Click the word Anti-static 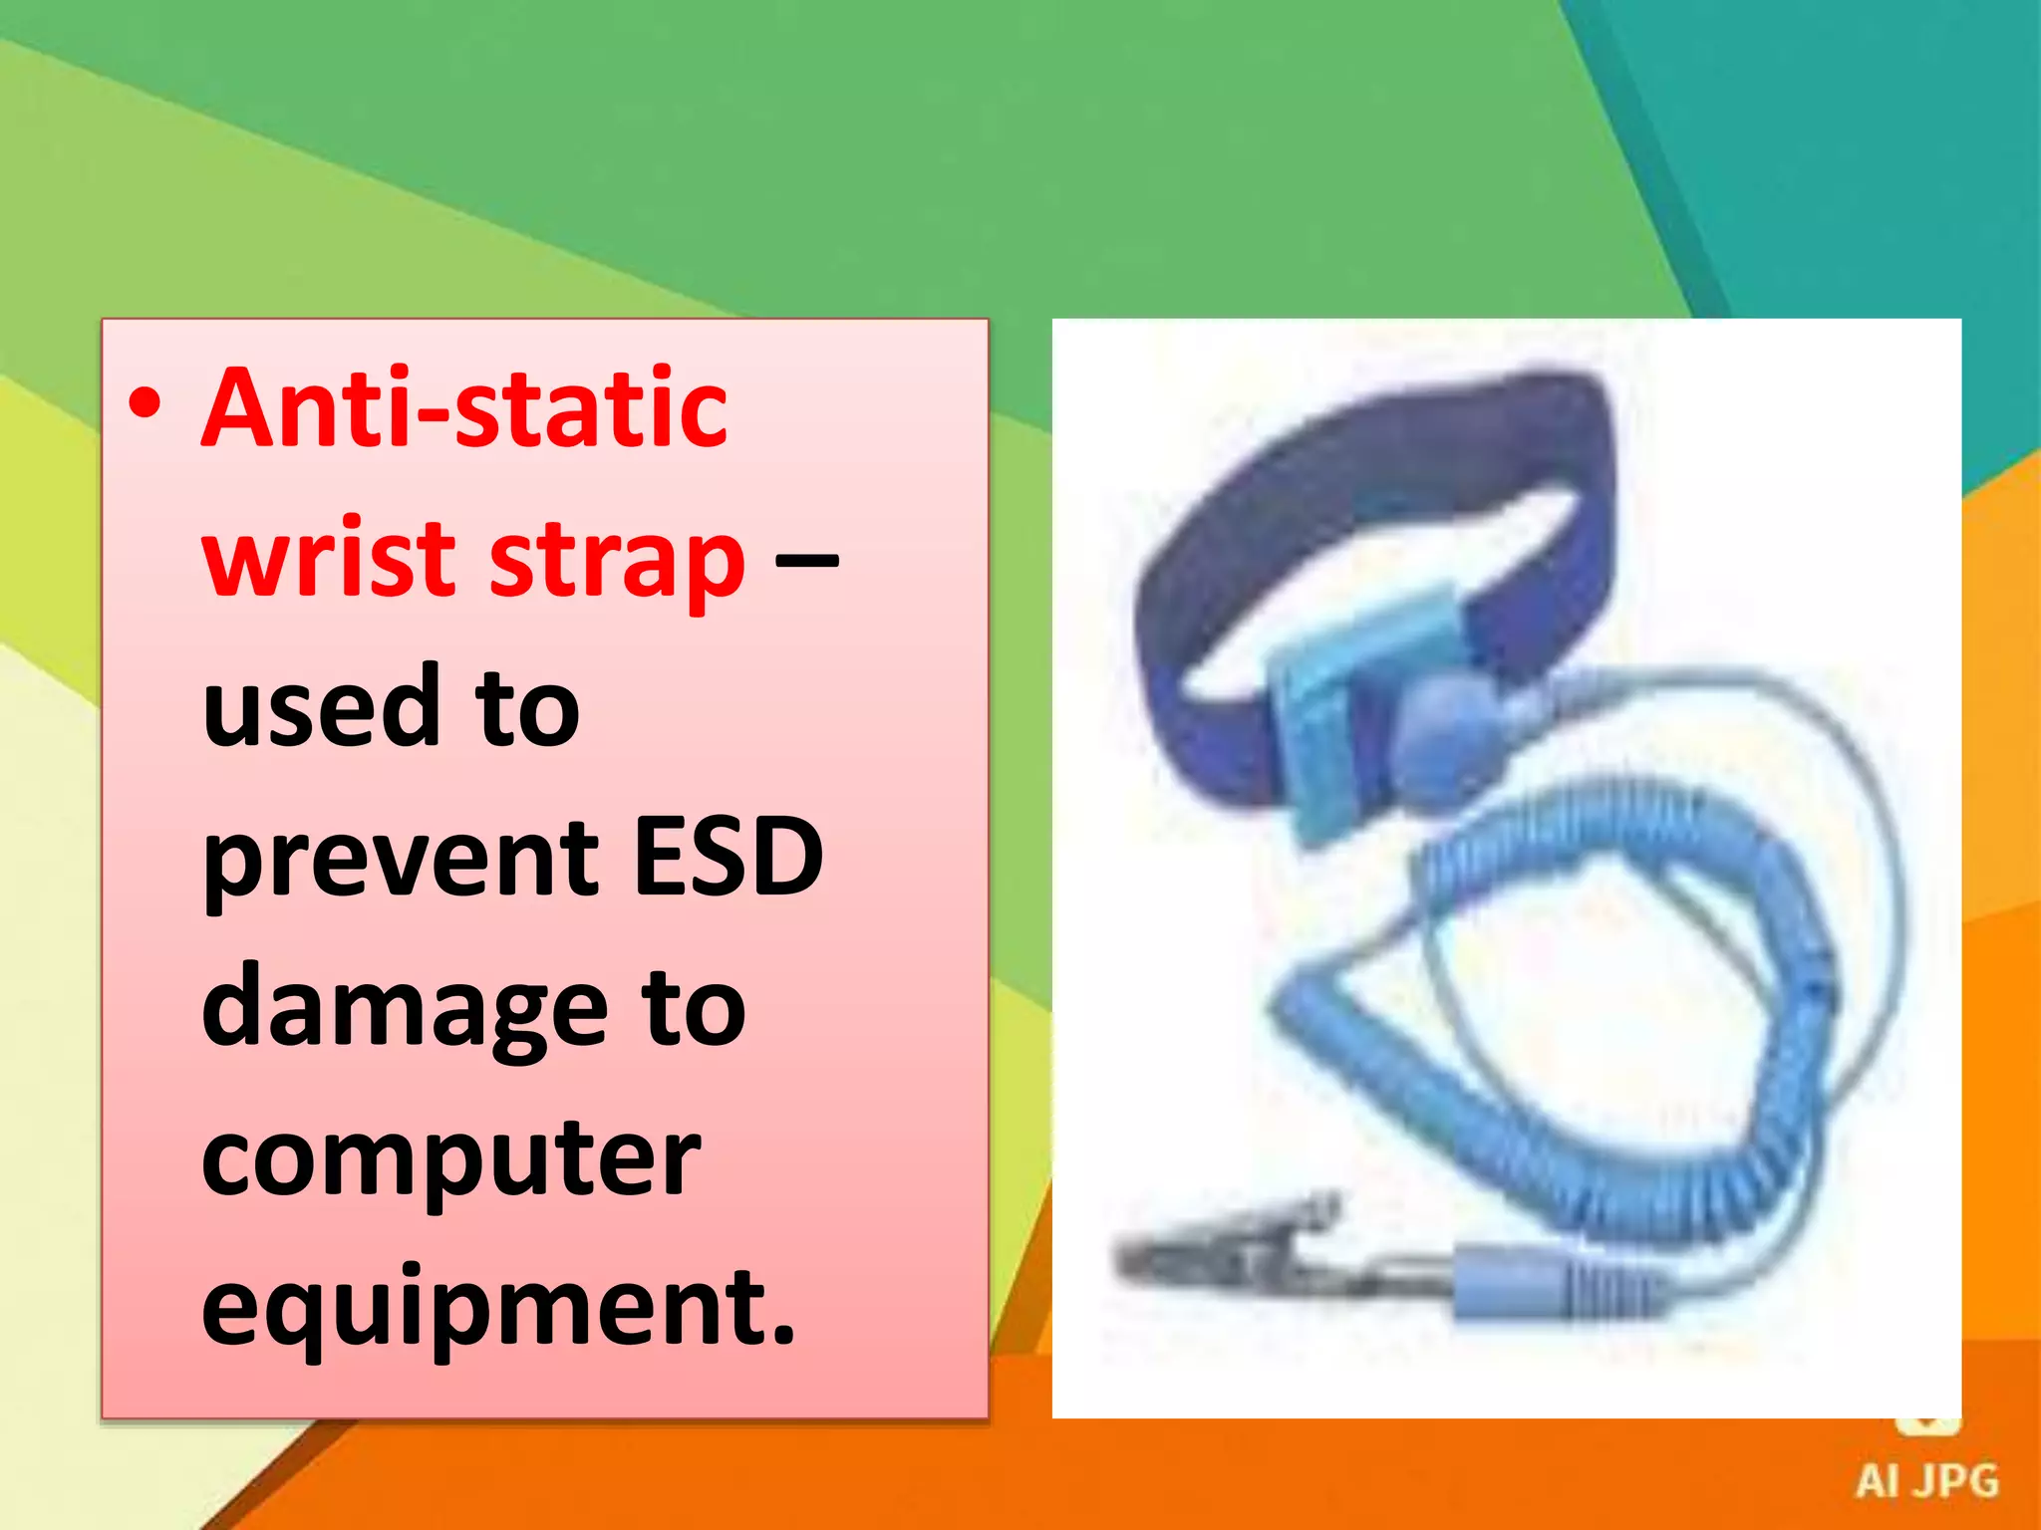464,407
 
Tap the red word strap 617,560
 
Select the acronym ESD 729,856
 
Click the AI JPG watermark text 1926,1481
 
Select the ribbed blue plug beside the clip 1555,1285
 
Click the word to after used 527,708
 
